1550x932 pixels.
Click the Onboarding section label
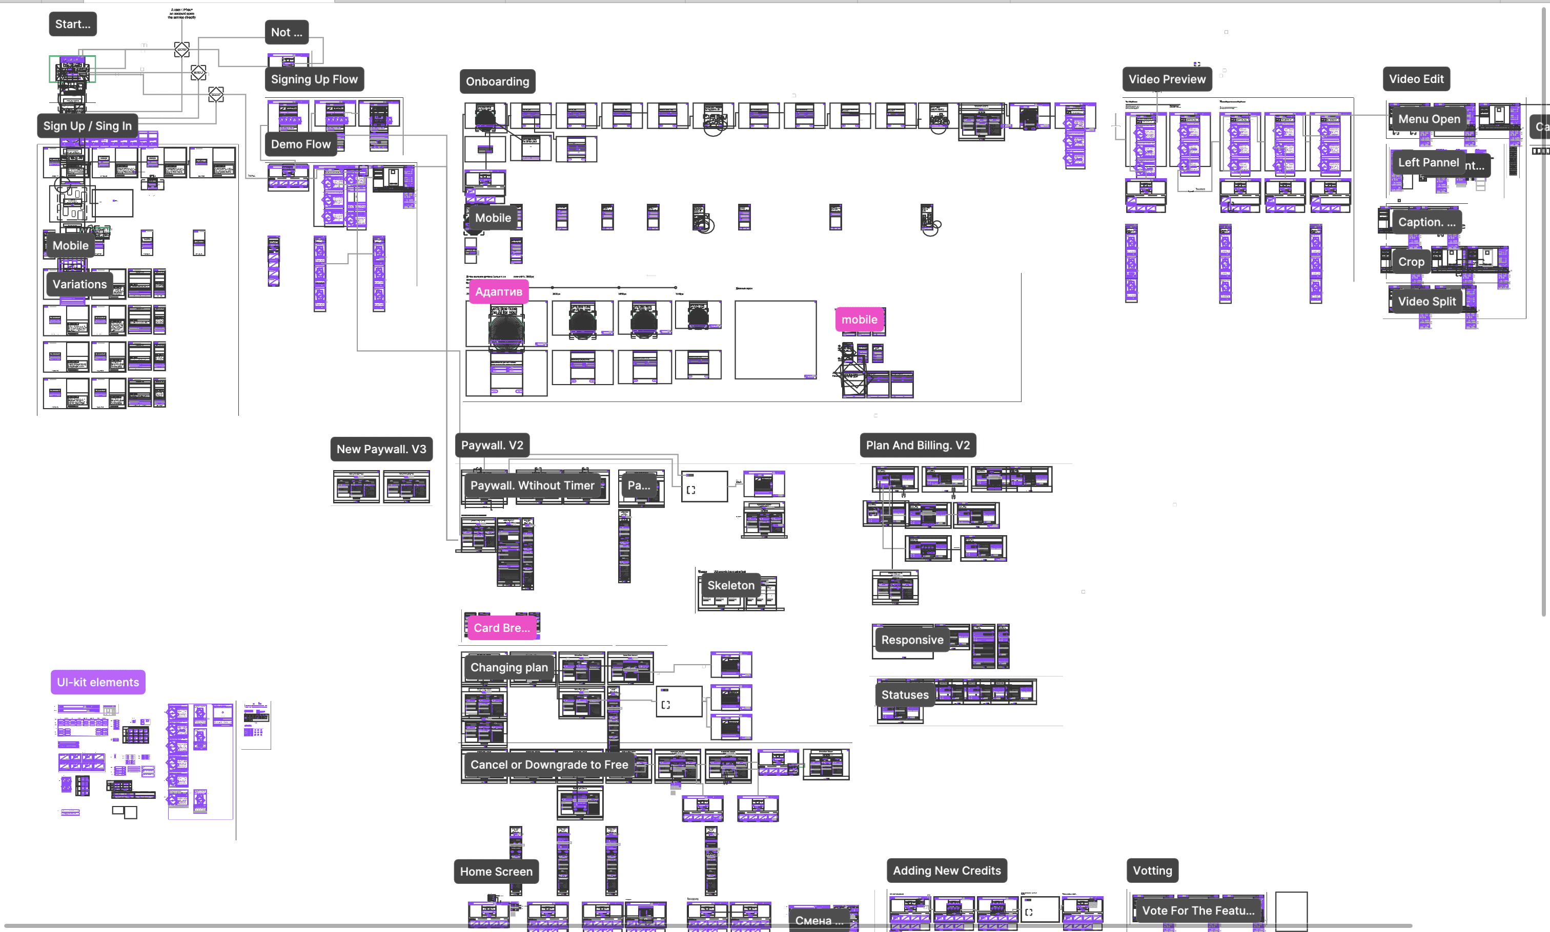click(x=497, y=81)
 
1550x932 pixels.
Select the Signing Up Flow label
click(x=314, y=79)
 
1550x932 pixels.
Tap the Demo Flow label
click(x=300, y=144)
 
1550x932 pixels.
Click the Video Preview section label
click(x=1167, y=79)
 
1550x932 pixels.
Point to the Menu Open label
click(x=1428, y=119)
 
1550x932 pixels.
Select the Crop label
click(x=1411, y=262)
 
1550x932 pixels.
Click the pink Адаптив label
click(x=498, y=291)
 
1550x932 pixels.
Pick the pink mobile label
click(x=859, y=320)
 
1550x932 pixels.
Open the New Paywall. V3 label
click(x=381, y=449)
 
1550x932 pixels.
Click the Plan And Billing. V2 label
click(x=917, y=446)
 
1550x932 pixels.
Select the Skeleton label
click(x=730, y=585)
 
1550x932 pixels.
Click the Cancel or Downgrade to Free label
click(x=549, y=765)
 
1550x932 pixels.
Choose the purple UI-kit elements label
click(x=97, y=682)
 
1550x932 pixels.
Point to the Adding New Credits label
click(x=946, y=871)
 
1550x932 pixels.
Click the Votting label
click(x=1152, y=871)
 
